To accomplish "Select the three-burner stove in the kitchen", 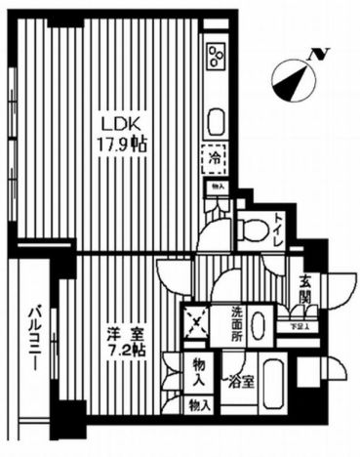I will pyautogui.click(x=216, y=58).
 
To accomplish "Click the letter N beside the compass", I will pyautogui.click(x=316, y=56).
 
